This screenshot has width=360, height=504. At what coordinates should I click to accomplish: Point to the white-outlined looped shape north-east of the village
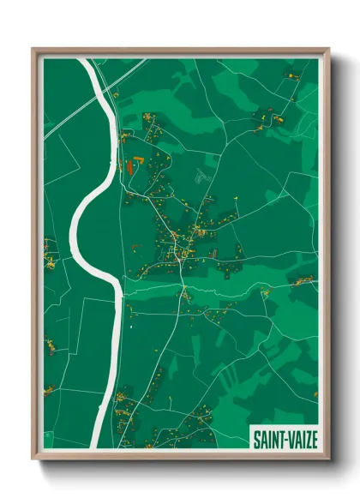pyautogui.click(x=202, y=177)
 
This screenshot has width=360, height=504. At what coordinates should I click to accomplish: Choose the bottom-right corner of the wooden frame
pyautogui.click(x=327, y=459)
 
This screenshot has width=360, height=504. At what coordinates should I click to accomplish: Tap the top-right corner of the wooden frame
pyautogui.click(x=327, y=50)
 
